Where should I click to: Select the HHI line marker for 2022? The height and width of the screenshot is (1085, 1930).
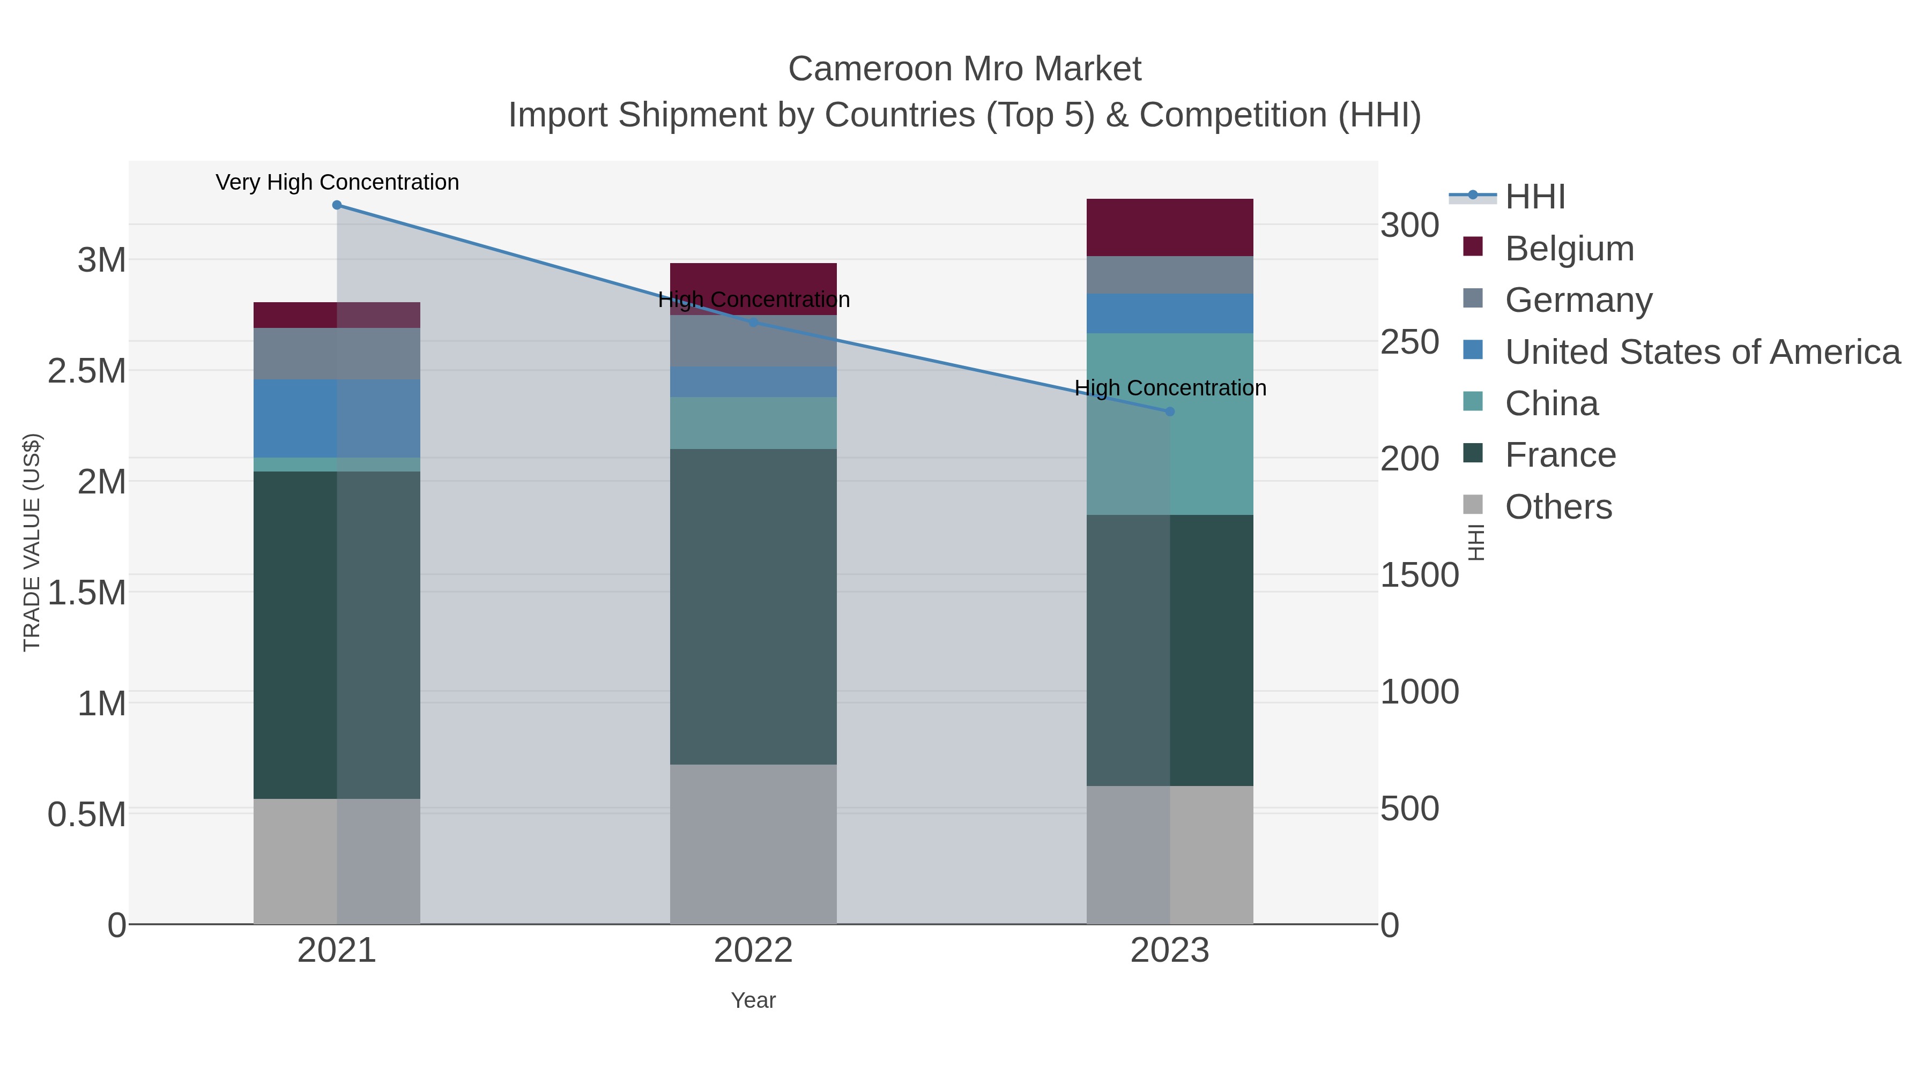[754, 323]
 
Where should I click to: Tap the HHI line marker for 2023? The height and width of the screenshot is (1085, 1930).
[1170, 411]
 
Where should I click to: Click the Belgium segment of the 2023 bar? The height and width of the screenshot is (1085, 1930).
[1170, 228]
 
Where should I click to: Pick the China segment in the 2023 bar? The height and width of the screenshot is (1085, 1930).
[1170, 424]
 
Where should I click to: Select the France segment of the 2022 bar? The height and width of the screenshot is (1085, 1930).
[753, 607]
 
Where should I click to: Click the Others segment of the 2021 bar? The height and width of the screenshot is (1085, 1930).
[336, 861]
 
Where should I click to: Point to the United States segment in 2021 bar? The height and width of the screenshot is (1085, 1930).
[336, 418]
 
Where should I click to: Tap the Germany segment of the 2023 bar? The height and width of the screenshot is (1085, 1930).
[1170, 275]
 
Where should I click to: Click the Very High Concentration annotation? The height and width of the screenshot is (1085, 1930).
[337, 182]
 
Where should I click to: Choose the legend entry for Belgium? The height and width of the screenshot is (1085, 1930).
[1569, 249]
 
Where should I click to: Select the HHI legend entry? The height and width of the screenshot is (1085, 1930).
[1534, 197]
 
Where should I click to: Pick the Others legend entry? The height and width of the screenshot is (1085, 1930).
[1558, 507]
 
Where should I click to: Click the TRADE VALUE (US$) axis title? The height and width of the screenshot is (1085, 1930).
[32, 542]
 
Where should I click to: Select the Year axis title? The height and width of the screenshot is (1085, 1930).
[753, 1000]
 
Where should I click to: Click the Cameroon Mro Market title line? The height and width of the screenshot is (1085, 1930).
[964, 69]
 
